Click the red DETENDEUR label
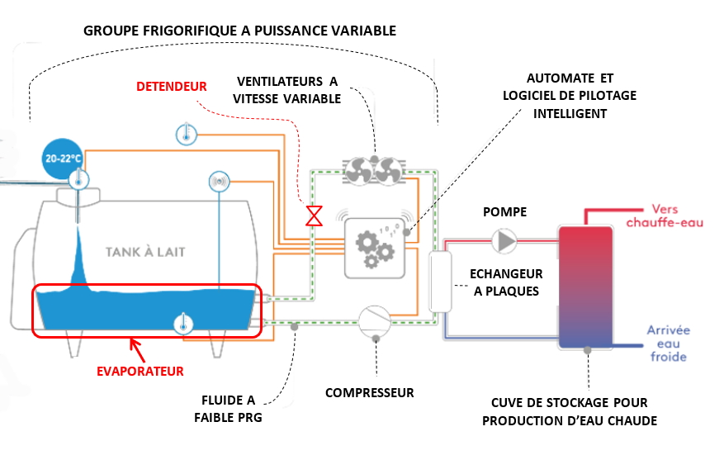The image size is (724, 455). (x=171, y=86)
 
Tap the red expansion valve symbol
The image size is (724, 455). (x=314, y=216)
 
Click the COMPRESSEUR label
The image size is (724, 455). (x=369, y=392)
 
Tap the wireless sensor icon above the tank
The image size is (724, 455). (x=219, y=181)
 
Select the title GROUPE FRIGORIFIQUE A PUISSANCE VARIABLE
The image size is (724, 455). (x=240, y=31)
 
